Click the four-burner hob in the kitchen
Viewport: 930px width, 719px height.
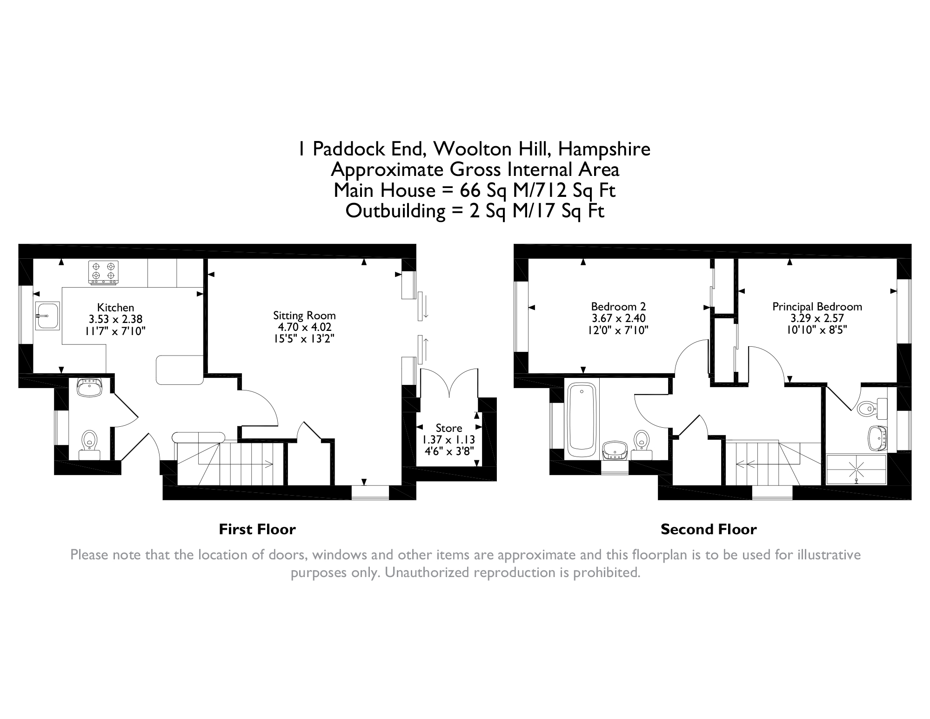(103, 272)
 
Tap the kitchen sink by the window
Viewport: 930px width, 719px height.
(47, 316)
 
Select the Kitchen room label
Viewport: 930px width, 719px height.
(115, 308)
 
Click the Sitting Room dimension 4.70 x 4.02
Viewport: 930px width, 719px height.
(304, 327)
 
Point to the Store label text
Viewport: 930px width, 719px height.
(448, 428)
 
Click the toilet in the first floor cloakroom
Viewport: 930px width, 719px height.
(89, 443)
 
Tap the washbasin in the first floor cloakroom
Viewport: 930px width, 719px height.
(89, 387)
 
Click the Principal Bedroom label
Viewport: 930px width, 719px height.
(817, 307)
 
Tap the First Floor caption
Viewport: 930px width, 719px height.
(257, 530)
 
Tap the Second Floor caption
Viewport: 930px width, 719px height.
(709, 530)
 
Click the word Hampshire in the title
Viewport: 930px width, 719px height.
(604, 149)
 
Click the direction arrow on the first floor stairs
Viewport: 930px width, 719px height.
(269, 463)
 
